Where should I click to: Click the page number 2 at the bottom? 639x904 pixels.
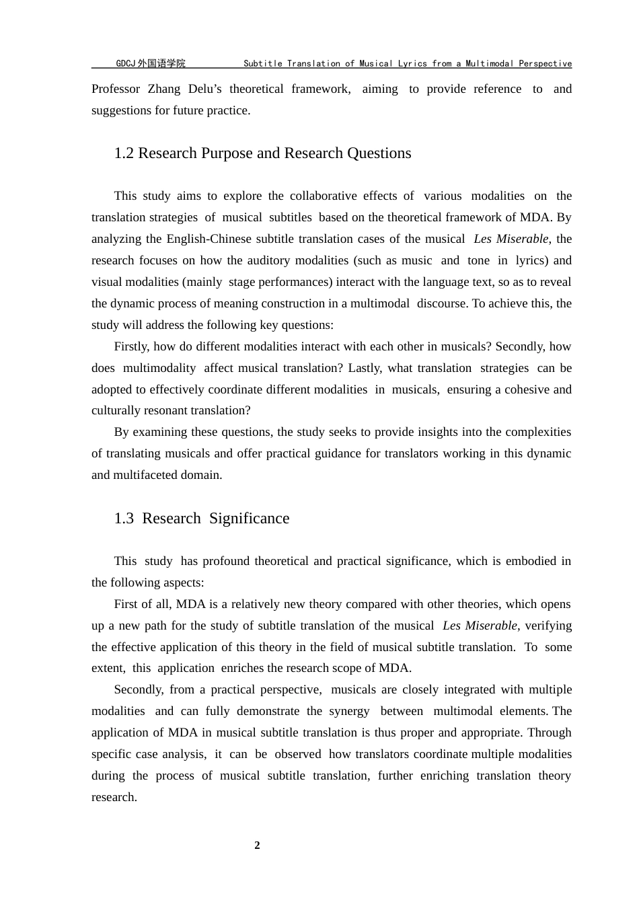257,845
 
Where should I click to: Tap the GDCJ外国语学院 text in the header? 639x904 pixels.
151,64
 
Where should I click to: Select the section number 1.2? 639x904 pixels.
124,153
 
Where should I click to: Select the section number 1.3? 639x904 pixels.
124,519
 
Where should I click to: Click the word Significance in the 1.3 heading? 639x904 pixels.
249,519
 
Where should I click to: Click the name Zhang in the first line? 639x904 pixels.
164,89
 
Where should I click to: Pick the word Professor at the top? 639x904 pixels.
116,89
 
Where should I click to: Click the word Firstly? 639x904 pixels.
132,346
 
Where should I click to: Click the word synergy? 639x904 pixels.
349,711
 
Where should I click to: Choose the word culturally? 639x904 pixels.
116,410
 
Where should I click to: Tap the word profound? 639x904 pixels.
226,561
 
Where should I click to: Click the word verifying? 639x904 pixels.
548,626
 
